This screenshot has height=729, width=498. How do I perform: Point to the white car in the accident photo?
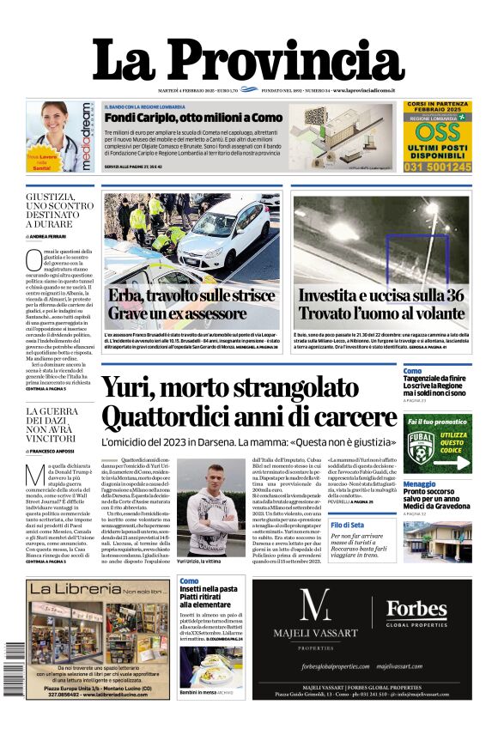(225, 239)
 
